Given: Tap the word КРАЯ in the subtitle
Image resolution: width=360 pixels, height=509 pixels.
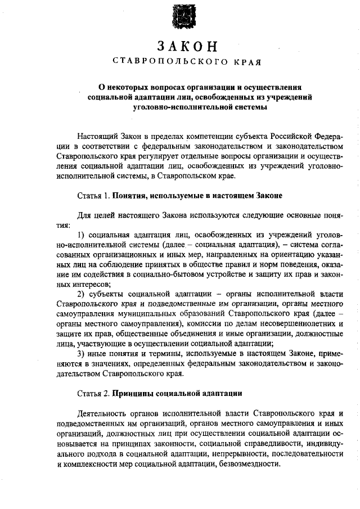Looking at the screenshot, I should coord(247,61).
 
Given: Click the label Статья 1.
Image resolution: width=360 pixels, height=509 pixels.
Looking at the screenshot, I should coord(93,196).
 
